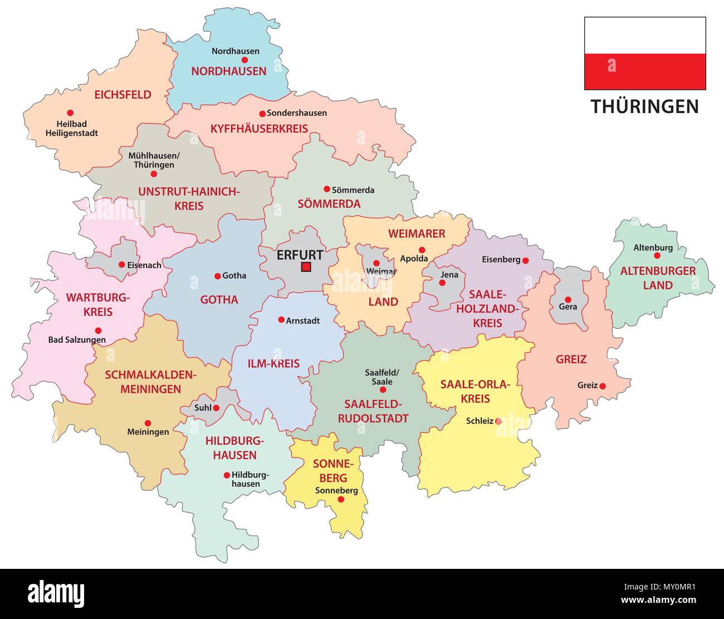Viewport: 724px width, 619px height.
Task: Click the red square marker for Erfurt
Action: pos(305,267)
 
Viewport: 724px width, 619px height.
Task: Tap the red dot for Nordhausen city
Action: pos(244,60)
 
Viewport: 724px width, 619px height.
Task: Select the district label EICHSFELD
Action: pos(123,95)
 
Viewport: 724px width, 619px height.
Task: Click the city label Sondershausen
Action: pos(297,113)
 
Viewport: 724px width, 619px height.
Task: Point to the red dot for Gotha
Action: pos(217,276)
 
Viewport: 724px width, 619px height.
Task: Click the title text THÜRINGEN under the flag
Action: pos(644,106)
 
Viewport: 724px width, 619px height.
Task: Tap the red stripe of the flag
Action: pos(645,71)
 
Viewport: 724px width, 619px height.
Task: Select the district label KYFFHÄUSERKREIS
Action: pos(259,129)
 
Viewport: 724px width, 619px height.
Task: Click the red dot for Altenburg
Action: pos(657,256)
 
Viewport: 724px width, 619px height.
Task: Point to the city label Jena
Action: pos(449,275)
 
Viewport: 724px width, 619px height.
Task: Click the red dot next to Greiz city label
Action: pos(602,386)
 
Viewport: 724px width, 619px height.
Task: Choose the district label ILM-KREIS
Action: pos(273,364)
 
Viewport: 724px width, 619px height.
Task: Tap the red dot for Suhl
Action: pos(216,408)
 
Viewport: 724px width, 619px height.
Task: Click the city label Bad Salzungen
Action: pos(77,340)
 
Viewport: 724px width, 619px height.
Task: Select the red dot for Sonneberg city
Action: pos(341,500)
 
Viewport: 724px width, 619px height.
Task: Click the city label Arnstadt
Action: pos(303,321)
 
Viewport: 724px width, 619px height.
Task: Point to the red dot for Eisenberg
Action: pos(525,260)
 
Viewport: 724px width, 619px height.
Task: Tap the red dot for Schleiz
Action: pos(498,421)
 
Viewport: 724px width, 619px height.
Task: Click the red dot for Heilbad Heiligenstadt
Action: pos(70,113)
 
